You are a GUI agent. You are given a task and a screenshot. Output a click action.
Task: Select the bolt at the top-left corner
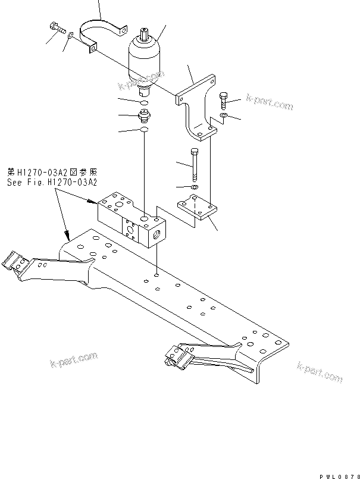coord(55,27)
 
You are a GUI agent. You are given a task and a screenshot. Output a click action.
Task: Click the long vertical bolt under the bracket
coord(195,166)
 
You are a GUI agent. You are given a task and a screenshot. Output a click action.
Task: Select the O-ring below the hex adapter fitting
coord(143,130)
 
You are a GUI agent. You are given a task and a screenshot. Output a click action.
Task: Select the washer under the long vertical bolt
coord(195,188)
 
